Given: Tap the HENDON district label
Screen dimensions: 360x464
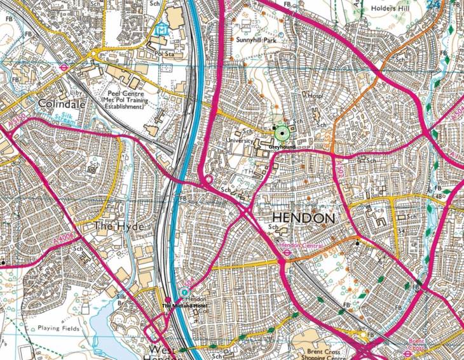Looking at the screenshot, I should pyautogui.click(x=298, y=218).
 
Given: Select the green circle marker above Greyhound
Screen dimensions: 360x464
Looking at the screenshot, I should pyautogui.click(x=282, y=133).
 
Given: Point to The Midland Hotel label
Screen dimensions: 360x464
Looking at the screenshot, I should pyautogui.click(x=184, y=307).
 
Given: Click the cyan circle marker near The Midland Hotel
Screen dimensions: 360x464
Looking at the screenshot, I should pyautogui.click(x=185, y=293).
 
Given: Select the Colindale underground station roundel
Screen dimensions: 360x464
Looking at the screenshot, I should pyautogui.click(x=64, y=65).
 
